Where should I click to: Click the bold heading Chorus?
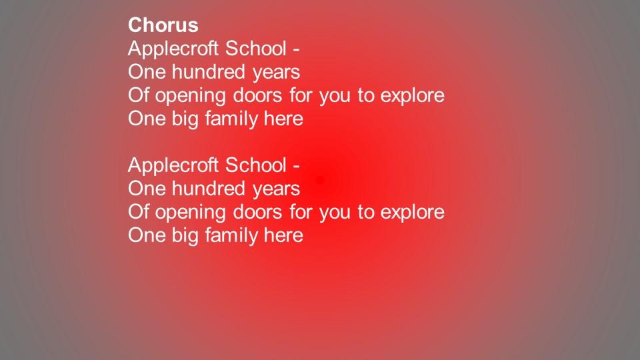(x=163, y=25)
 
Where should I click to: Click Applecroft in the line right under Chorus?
(x=173, y=49)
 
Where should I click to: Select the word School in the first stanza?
(x=256, y=48)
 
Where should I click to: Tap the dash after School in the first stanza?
(x=296, y=51)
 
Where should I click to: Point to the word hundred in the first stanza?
(x=208, y=71)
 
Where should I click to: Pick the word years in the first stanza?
(x=276, y=73)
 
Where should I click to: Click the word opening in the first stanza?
(x=190, y=96)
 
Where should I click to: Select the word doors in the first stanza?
(x=257, y=95)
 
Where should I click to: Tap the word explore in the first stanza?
(x=412, y=96)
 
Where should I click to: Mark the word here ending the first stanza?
(x=284, y=119)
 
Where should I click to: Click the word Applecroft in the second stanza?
(x=173, y=166)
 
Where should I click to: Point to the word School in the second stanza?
(x=256, y=165)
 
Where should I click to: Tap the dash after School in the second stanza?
(x=296, y=167)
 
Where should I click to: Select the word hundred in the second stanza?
(x=208, y=188)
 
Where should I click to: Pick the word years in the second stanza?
(x=276, y=190)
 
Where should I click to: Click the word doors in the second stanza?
(x=257, y=211)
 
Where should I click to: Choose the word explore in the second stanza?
(x=412, y=213)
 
